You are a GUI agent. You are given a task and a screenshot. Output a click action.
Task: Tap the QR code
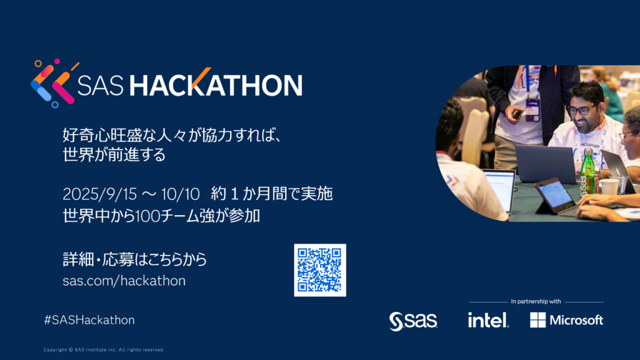[320, 270]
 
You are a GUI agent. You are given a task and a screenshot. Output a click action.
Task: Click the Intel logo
[488, 320]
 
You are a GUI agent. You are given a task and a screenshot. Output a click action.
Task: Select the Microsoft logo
[566, 320]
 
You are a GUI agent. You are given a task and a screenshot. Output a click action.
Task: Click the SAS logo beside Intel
[413, 321]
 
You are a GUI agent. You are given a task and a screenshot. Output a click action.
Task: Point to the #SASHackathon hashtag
[89, 320]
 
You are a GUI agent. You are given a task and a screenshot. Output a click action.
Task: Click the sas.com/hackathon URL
[124, 281]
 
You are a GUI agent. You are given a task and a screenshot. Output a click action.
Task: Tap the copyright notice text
[104, 350]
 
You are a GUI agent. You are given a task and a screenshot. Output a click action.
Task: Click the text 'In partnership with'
[536, 302]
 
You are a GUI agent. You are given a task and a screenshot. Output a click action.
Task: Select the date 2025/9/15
[99, 194]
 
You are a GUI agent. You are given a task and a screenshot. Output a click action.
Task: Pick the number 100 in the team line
[147, 216]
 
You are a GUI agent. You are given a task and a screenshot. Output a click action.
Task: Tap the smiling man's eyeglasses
[580, 110]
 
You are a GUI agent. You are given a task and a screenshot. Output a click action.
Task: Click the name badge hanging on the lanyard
[533, 110]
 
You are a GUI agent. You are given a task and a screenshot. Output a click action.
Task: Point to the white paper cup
[609, 186]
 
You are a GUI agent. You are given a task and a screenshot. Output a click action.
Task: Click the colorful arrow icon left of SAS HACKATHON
[54, 83]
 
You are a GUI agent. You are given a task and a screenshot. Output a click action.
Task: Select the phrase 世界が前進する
[114, 155]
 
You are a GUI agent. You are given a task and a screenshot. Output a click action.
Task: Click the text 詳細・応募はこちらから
[135, 259]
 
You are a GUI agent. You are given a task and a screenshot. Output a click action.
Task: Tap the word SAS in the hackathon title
[101, 85]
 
